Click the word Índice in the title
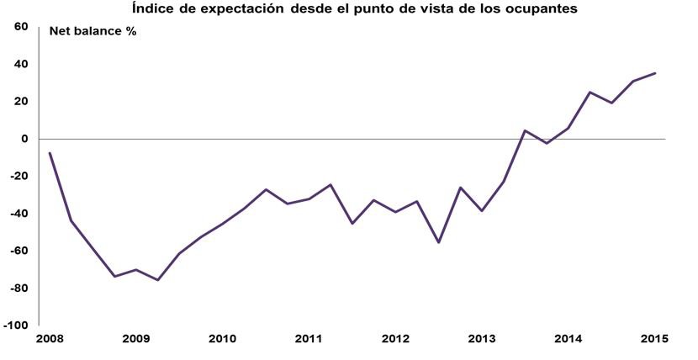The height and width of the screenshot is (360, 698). pos(152,9)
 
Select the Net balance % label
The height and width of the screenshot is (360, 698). pos(93,32)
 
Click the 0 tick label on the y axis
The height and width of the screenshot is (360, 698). pos(26,139)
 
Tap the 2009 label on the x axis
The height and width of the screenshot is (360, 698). pos(135,339)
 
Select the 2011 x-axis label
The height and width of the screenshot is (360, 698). pos(309,339)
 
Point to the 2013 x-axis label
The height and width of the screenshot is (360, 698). pos(482,339)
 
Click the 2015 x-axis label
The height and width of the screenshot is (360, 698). pos(654,339)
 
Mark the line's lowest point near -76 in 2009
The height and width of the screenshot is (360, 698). pos(157,280)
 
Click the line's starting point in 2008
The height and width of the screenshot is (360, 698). pos(50,153)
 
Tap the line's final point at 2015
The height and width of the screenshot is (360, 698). pos(655,73)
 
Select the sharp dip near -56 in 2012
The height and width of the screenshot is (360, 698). pos(438,242)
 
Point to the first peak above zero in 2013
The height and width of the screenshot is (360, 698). pos(525,130)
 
